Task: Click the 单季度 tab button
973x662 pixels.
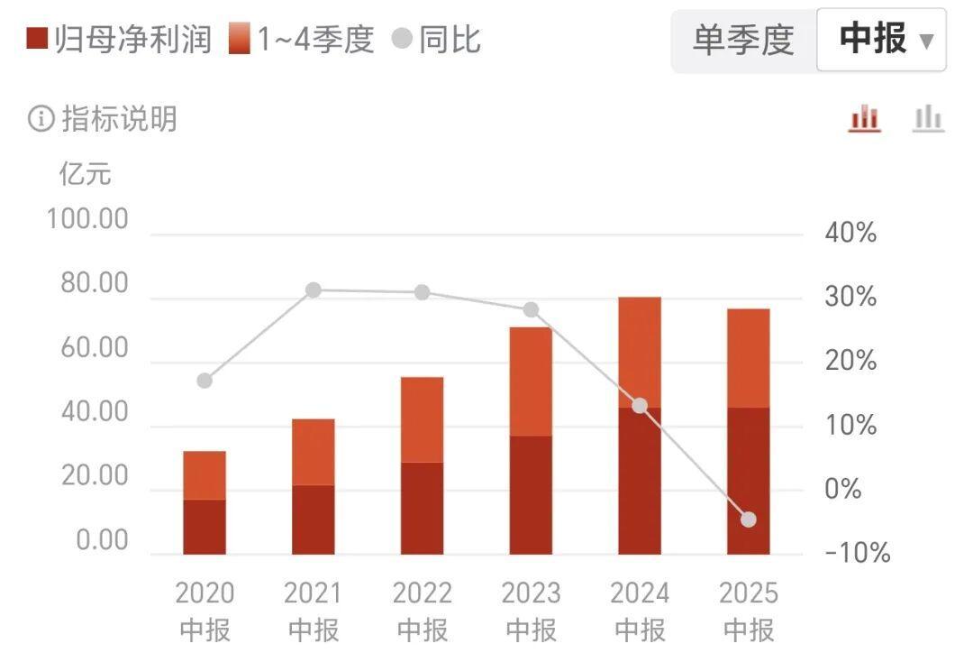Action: [742, 41]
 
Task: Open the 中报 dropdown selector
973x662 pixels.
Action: [881, 41]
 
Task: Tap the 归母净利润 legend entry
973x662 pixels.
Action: [120, 40]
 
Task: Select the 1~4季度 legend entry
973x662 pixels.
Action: [302, 40]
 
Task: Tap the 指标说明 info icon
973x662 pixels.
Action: [41, 119]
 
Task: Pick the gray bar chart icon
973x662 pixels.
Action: [927, 118]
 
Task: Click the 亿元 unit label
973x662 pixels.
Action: [86, 172]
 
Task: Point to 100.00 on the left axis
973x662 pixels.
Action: [88, 220]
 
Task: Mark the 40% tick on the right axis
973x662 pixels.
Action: [850, 234]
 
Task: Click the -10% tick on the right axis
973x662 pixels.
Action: [857, 553]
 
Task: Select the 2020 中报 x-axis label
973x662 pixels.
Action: [205, 611]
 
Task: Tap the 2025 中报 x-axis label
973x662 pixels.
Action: [749, 611]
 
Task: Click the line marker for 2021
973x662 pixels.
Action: [314, 290]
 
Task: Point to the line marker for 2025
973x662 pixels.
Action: [749, 519]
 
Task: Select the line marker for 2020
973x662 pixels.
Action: [205, 381]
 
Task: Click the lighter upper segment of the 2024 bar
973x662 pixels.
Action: [640, 352]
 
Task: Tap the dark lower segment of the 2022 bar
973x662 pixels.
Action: [422, 508]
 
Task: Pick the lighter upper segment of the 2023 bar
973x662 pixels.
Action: [531, 382]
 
